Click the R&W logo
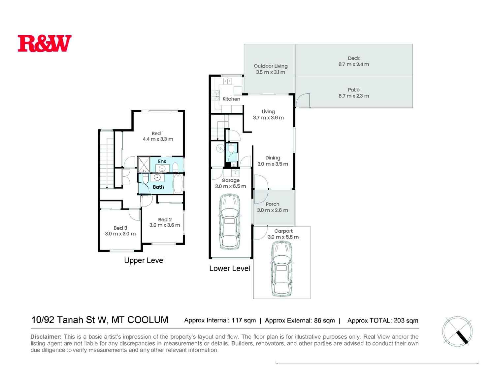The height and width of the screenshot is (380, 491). [45, 43]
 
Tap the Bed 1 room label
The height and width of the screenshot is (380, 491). [158, 133]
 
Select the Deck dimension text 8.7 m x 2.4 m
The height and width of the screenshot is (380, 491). [353, 64]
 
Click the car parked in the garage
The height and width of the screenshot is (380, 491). [230, 221]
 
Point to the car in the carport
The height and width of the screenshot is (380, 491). [281, 269]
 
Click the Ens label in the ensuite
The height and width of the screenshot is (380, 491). [162, 161]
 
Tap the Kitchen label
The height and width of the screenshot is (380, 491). [231, 99]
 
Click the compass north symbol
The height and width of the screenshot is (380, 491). [457, 331]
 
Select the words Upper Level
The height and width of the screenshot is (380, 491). [144, 260]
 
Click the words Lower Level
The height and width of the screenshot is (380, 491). [229, 268]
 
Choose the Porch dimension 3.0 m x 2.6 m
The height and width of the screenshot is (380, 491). [273, 210]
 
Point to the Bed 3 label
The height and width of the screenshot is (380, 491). [120, 228]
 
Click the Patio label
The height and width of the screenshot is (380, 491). [353, 90]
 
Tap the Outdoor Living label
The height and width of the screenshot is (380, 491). [271, 66]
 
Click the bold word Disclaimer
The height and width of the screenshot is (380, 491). [46, 337]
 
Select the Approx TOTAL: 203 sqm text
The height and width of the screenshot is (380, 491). [383, 321]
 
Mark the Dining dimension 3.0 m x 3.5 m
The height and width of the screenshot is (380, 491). [273, 164]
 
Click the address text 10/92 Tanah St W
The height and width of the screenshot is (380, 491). [69, 320]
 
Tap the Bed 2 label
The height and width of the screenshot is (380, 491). [165, 219]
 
